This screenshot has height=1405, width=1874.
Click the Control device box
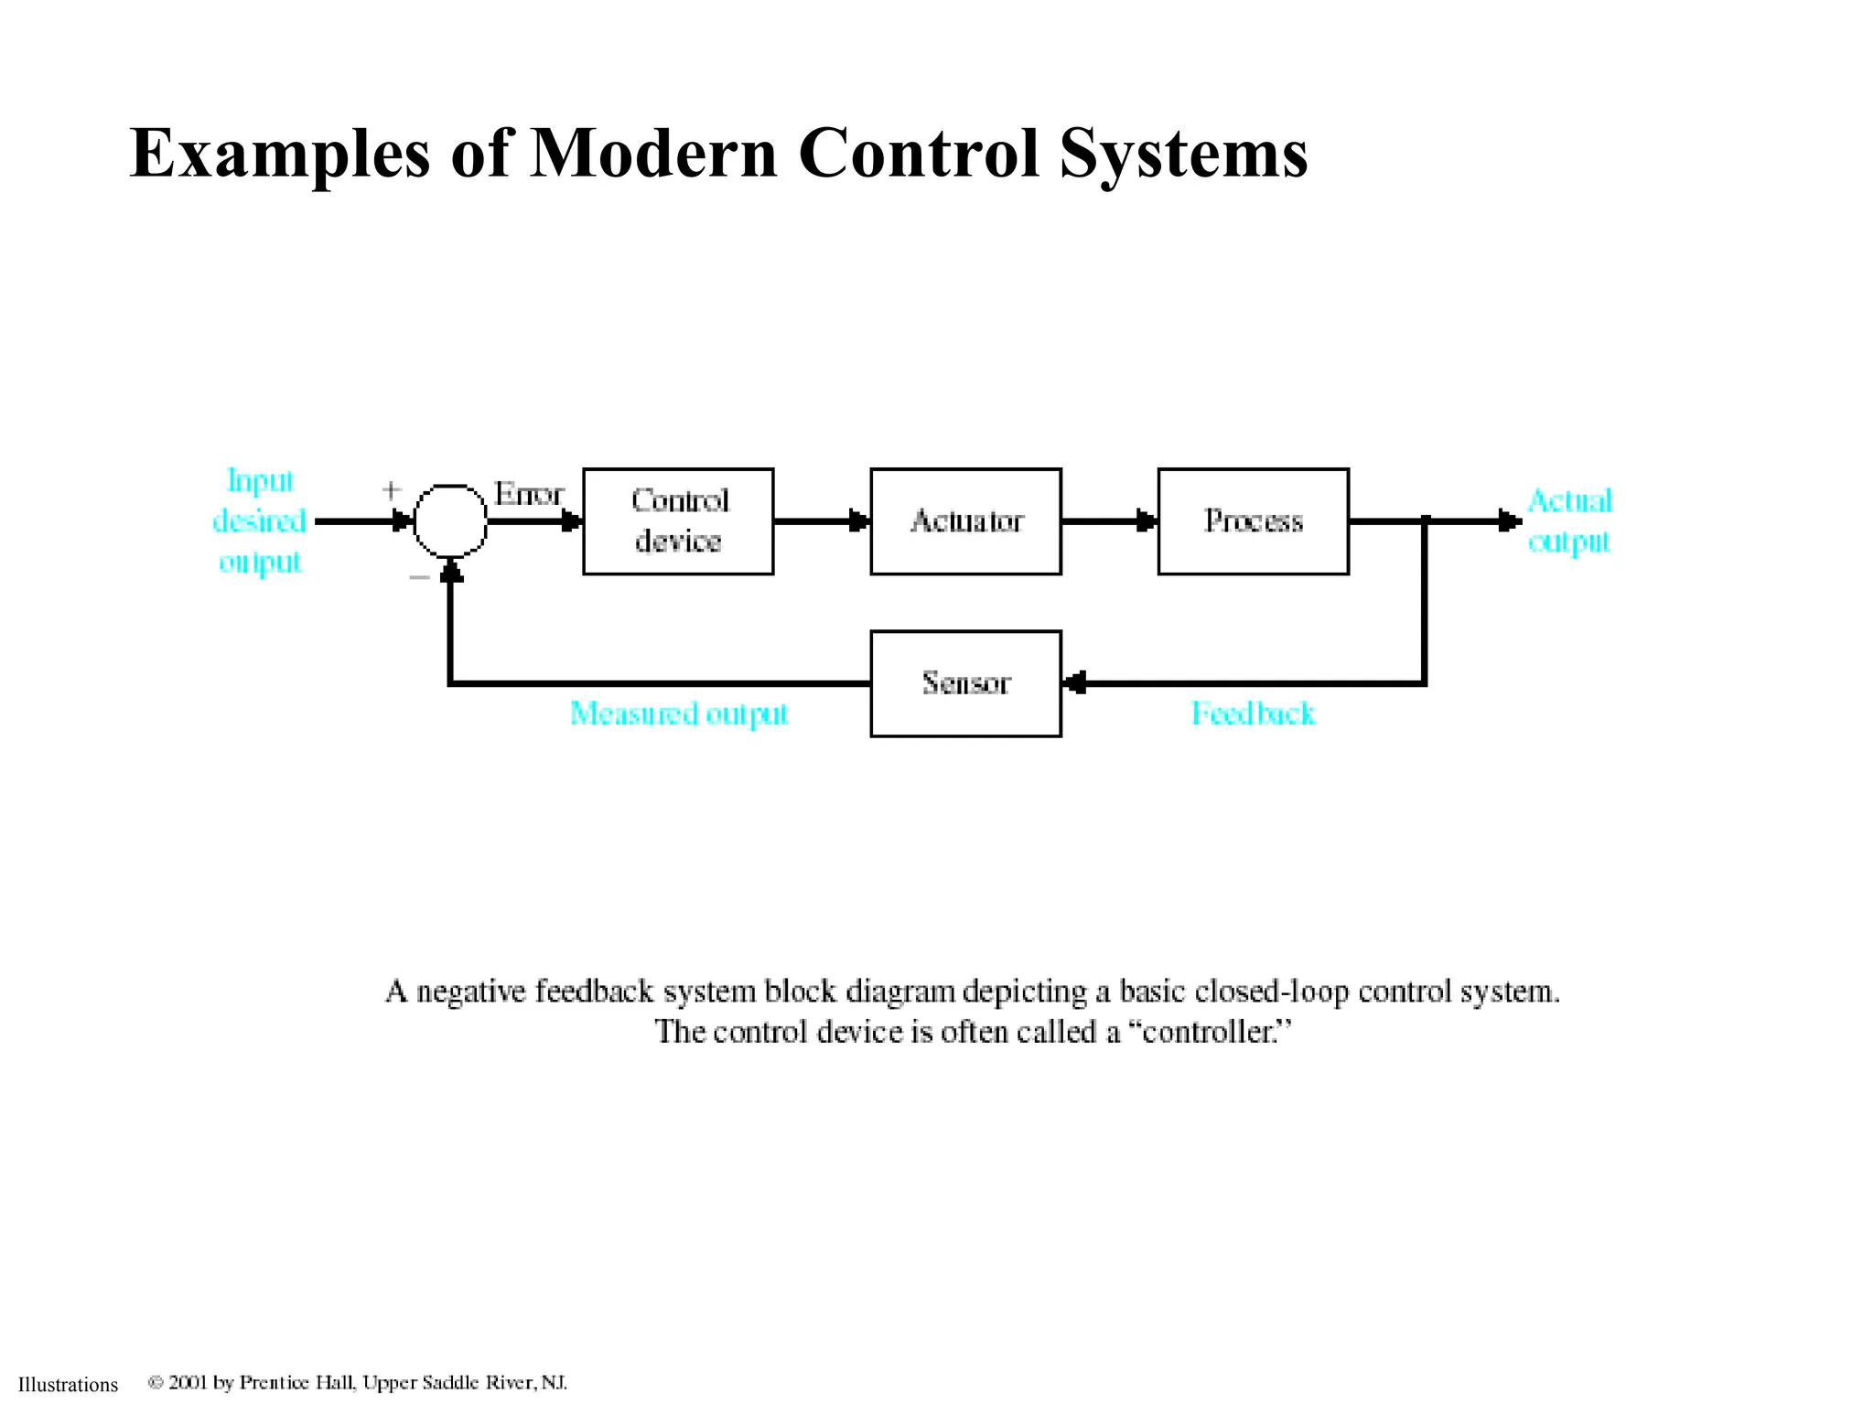(x=678, y=521)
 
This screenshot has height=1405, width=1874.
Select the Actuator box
(x=965, y=521)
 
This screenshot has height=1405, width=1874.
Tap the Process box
(x=1253, y=521)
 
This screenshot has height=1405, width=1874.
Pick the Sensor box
(x=965, y=683)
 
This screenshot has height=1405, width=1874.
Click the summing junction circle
(x=450, y=520)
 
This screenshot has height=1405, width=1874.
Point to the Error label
(x=529, y=494)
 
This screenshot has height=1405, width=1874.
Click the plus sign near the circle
(x=391, y=490)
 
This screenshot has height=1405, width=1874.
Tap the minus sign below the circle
(x=419, y=577)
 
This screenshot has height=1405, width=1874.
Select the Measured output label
(x=678, y=713)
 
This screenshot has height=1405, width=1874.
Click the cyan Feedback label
(x=1253, y=713)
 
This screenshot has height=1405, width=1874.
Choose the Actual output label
(x=1569, y=521)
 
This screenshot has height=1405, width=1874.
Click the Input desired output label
(x=259, y=521)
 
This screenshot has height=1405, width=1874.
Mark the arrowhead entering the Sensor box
(x=1076, y=683)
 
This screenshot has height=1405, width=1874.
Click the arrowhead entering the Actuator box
(x=858, y=521)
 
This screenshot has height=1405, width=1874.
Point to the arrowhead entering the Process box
(x=1146, y=521)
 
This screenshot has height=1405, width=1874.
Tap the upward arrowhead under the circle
(x=450, y=572)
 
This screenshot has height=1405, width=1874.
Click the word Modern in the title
(x=653, y=153)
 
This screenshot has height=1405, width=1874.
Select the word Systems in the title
(x=1184, y=153)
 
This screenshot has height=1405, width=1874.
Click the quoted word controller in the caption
(x=1208, y=1032)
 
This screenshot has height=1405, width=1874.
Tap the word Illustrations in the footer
(x=69, y=1385)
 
